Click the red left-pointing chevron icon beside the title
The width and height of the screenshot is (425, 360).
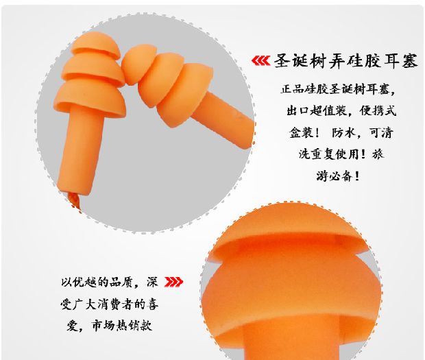click(260, 61)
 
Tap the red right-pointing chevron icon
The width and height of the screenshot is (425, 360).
click(173, 282)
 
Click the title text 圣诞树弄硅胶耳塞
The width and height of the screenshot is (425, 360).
click(345, 61)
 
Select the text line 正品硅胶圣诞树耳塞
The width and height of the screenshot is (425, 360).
click(338, 88)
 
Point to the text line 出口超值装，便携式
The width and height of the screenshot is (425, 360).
click(341, 110)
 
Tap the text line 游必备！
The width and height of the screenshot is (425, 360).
click(338, 176)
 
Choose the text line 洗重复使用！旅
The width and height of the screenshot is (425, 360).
click(341, 154)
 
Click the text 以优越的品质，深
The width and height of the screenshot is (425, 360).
click(109, 282)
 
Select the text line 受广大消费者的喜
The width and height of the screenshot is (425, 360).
click(109, 304)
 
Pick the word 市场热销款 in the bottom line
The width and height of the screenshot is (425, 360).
click(121, 325)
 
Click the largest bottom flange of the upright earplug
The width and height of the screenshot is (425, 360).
click(90, 99)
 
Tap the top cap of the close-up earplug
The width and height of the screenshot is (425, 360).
click(290, 230)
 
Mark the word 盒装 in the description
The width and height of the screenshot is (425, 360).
click(301, 132)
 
